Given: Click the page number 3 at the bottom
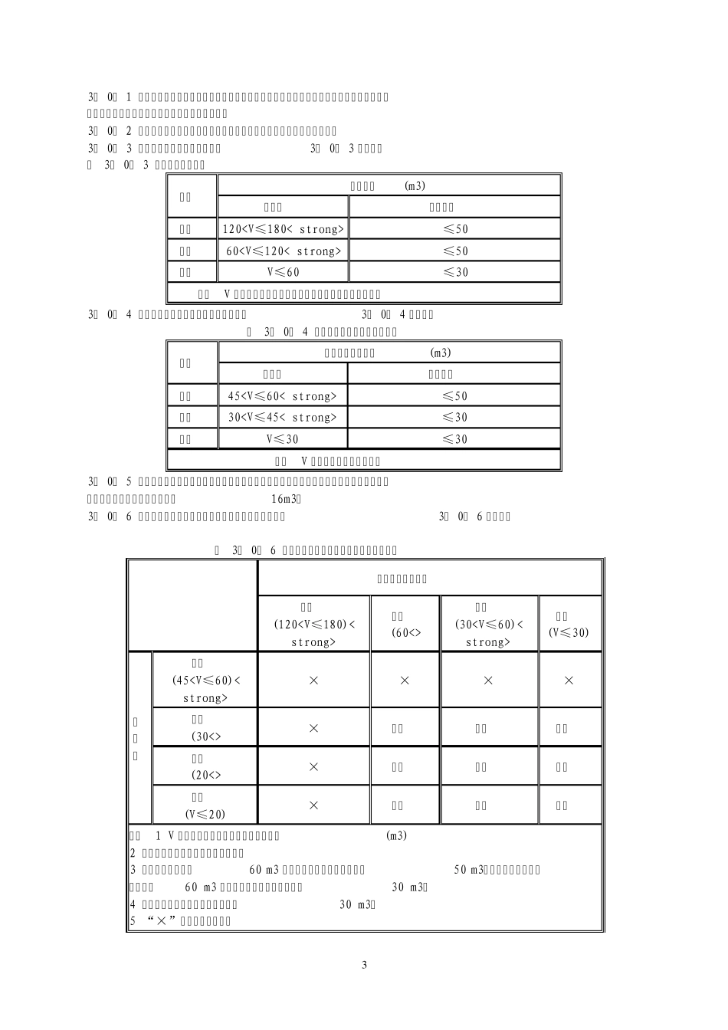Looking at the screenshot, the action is coord(364,965).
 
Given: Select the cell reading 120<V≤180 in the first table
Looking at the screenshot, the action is coord(284,229).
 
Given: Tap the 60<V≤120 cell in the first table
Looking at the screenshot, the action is coord(284,251).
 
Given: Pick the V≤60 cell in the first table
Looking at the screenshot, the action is coord(283,272).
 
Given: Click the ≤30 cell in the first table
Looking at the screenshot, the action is coord(455,272).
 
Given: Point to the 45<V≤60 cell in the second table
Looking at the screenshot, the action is coord(283,396).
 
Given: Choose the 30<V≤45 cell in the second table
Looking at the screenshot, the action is coord(283,418).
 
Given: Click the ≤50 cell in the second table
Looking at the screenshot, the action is coord(454,396).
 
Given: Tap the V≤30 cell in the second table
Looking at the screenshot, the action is coord(283,439).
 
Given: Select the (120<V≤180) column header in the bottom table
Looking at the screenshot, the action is coord(314,625).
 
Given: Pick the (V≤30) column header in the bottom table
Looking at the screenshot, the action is coord(569,632).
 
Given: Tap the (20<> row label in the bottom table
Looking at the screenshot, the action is coord(205,775).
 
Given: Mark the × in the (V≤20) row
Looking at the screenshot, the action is coord(313,805).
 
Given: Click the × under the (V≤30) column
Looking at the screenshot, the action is coord(569,681).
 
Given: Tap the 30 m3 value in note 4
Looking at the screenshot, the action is coord(356,904).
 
